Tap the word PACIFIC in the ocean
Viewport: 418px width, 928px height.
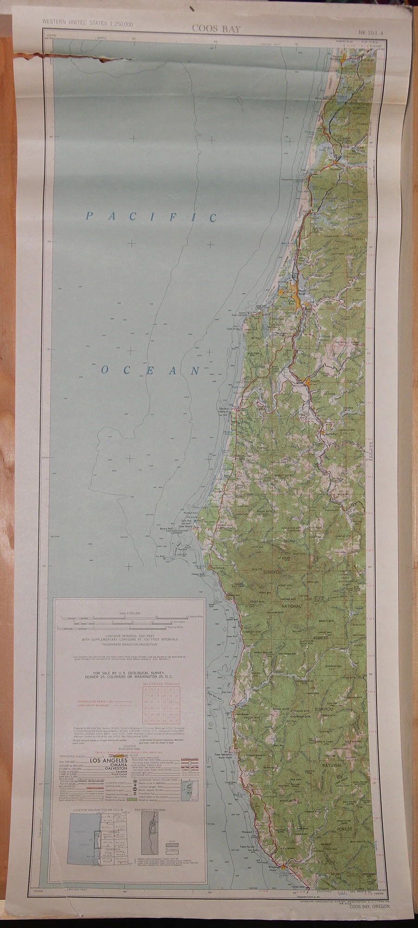(x=152, y=217)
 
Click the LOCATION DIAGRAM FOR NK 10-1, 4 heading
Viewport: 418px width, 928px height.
(x=94, y=810)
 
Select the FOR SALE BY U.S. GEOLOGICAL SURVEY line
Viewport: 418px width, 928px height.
(x=129, y=672)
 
